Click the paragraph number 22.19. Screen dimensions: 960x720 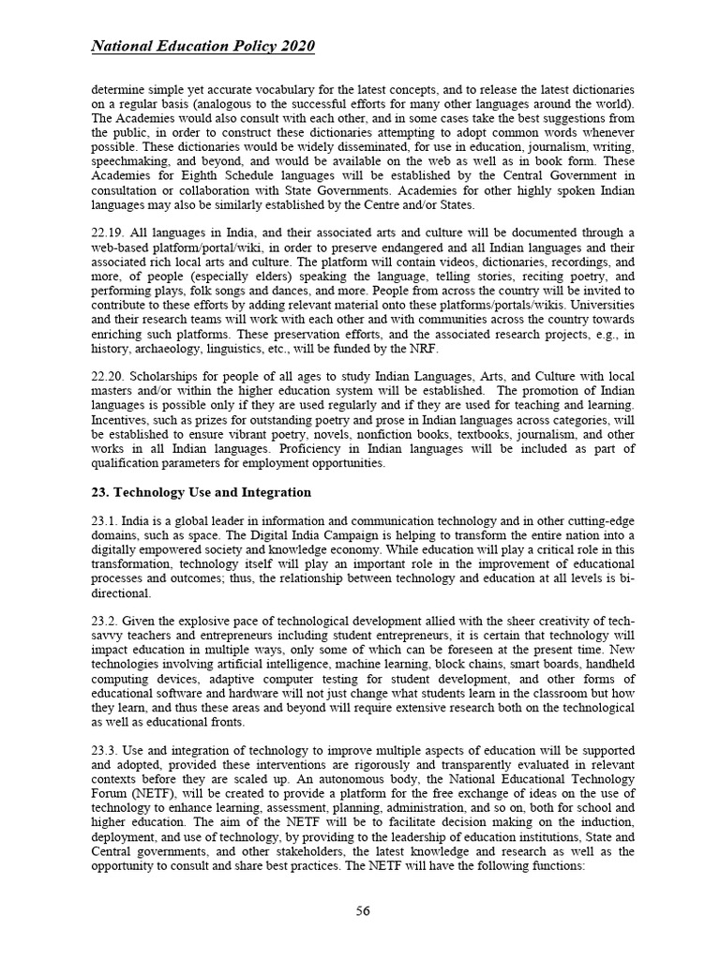click(109, 233)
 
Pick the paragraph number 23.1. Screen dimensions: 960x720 click(106, 518)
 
